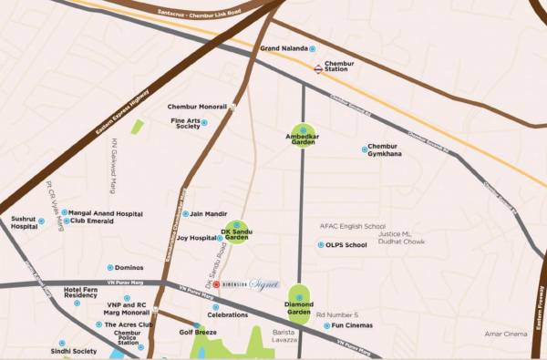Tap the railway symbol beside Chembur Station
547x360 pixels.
point(317,67)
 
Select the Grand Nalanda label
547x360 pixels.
point(284,48)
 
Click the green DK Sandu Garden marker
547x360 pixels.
point(237,231)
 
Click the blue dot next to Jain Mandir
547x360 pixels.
point(185,214)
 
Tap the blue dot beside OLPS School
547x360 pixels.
point(320,244)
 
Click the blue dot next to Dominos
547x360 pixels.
point(110,268)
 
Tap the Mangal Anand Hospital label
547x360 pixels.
point(106,212)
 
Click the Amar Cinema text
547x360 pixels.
point(507,334)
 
